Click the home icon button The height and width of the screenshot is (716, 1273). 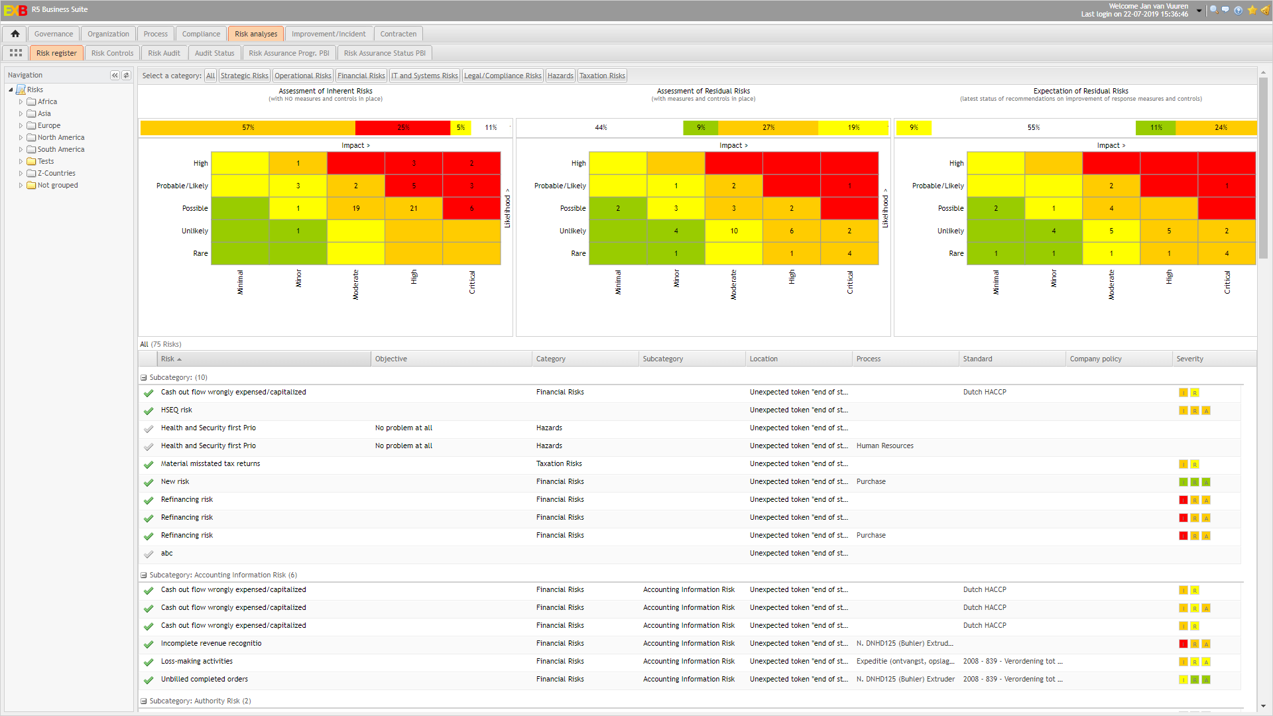click(15, 34)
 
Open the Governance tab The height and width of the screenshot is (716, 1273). click(54, 34)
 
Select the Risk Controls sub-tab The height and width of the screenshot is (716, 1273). click(112, 53)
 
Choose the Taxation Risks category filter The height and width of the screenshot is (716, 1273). click(602, 76)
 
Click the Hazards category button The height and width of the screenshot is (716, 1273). click(560, 76)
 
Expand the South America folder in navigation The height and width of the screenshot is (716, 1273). click(21, 150)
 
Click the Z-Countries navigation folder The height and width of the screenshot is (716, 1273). click(56, 174)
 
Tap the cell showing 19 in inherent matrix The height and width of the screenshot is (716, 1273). click(356, 208)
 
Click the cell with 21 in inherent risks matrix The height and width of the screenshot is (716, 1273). click(414, 208)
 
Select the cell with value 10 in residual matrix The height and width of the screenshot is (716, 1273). click(734, 231)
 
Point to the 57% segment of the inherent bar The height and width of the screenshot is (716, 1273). click(248, 127)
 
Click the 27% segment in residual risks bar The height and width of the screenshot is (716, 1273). click(768, 127)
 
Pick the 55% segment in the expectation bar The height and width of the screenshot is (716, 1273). click(1033, 127)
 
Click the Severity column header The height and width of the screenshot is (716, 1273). click(1189, 359)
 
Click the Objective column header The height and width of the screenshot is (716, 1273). click(391, 359)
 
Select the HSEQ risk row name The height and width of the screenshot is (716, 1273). click(176, 410)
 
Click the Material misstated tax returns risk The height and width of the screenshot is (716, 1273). click(210, 464)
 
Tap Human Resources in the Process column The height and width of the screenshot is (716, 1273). click(884, 446)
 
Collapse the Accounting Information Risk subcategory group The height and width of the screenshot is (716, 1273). click(144, 575)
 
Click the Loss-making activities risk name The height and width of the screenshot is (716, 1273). click(196, 662)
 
